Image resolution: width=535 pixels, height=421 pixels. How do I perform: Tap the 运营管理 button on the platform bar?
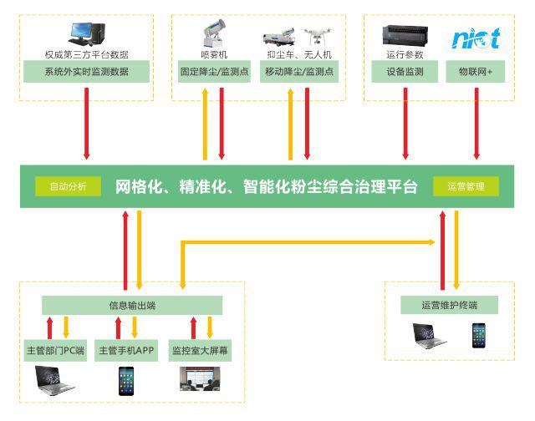point(466,186)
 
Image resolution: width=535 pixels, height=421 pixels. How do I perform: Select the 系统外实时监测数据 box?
point(86,72)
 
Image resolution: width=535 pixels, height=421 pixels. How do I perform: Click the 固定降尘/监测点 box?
point(214,72)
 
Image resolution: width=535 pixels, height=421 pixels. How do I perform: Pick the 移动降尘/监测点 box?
point(299,72)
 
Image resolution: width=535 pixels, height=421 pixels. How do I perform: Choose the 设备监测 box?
point(405,72)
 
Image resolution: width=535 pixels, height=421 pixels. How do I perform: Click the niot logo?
point(476,38)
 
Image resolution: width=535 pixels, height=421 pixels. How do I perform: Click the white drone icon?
point(315,37)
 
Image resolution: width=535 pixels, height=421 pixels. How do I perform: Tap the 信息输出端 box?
point(132,305)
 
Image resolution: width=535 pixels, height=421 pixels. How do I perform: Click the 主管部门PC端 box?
point(57,351)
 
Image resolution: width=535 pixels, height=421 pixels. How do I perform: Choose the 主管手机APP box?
point(127,351)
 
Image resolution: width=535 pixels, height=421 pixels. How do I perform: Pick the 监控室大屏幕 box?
point(200,351)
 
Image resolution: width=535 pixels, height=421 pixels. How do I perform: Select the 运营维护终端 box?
point(449,305)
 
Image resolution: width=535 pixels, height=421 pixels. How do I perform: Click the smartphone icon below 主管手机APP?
point(125,381)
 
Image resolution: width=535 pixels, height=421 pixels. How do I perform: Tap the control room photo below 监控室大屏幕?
point(199,380)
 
